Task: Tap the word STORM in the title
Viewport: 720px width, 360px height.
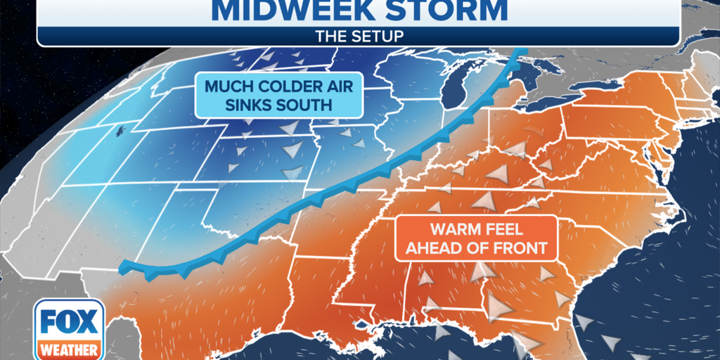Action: [442, 10]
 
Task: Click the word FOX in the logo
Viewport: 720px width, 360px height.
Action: [68, 322]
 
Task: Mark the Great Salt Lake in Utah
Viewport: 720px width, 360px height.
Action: [121, 130]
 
